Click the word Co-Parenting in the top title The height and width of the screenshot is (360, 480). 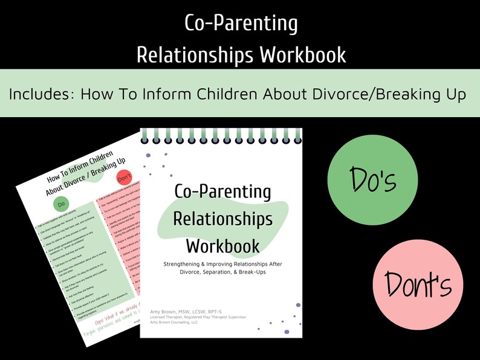tap(241, 25)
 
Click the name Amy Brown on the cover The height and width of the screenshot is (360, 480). tap(163, 309)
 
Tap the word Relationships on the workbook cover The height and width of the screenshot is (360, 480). tap(222, 219)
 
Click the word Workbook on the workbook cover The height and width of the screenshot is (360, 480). tap(222, 245)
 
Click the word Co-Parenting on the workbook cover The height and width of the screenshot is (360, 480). tap(222, 192)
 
